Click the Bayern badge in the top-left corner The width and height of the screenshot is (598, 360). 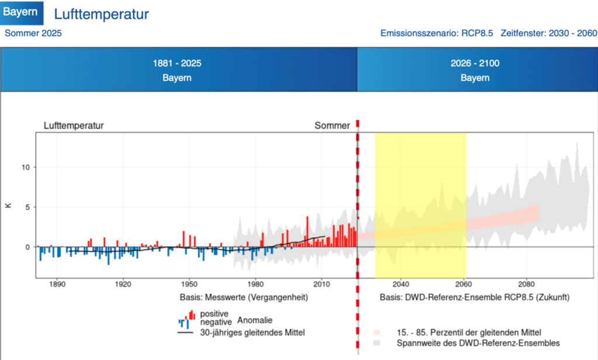click(x=22, y=12)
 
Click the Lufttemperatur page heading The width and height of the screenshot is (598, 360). click(x=101, y=14)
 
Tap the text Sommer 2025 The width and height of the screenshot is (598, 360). click(x=33, y=33)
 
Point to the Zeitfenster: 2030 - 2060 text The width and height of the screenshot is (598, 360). click(x=548, y=33)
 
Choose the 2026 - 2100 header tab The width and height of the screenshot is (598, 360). click(x=475, y=70)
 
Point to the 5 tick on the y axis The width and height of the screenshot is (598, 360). click(x=27, y=207)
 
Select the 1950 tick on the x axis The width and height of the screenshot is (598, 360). click(x=190, y=285)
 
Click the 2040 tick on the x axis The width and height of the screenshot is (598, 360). click(x=400, y=285)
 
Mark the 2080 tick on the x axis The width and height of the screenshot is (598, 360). click(x=527, y=285)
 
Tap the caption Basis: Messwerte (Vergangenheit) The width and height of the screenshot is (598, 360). click(x=244, y=297)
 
